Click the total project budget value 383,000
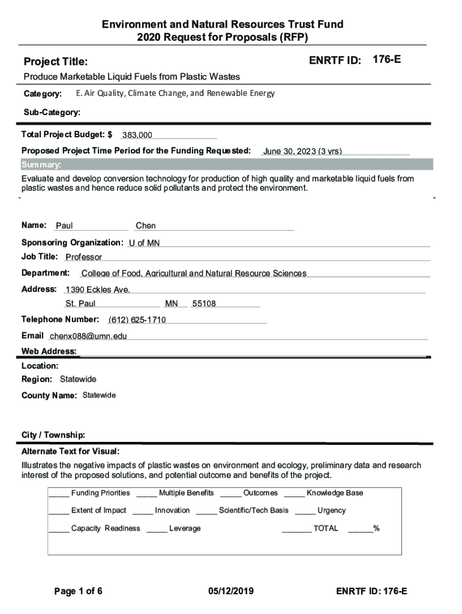[x=137, y=136]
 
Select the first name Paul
[x=64, y=226]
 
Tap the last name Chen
[x=146, y=226]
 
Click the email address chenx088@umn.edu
[x=88, y=336]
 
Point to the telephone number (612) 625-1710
[x=137, y=320]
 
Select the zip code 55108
[x=204, y=304]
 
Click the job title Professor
[x=83, y=257]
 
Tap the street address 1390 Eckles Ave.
[x=98, y=290]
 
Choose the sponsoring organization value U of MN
[x=144, y=243]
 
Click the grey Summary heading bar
[x=226, y=165]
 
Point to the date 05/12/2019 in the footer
[x=231, y=592]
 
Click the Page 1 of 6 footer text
[x=78, y=592]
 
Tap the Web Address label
[x=49, y=351]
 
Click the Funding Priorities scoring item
[x=100, y=493]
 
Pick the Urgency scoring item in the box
[x=331, y=510]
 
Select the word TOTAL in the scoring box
[x=325, y=528]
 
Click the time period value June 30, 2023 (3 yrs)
[x=302, y=151]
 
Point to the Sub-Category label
[x=52, y=112]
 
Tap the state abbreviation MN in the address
[x=172, y=304]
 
